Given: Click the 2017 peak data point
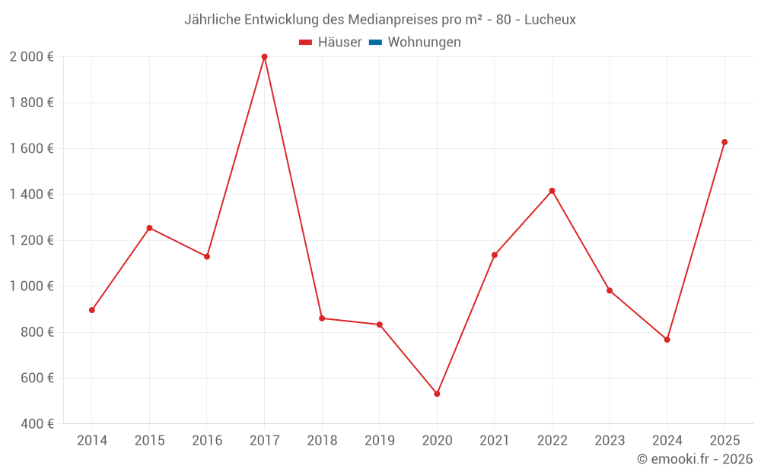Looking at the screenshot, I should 264,57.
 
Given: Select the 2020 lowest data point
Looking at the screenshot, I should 437,394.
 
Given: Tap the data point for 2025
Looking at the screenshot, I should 724,142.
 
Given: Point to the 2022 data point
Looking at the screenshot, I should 552,191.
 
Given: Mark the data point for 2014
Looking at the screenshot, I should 92,310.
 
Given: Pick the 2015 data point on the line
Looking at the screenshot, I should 149,228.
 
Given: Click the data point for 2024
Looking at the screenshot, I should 667,340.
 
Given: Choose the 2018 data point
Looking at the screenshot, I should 322,318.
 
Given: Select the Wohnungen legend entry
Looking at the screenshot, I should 424,43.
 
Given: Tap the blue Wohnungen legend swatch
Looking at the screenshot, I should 375,43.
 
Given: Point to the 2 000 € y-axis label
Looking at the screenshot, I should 31,57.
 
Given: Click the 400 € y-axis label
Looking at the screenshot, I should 36,424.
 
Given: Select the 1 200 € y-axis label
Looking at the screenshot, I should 31,240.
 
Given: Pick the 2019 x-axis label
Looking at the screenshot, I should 379,441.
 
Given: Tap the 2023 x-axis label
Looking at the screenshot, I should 610,441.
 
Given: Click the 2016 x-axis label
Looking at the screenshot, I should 207,441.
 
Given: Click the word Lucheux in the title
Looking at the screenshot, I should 550,19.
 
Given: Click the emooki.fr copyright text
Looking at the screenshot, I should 695,459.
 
